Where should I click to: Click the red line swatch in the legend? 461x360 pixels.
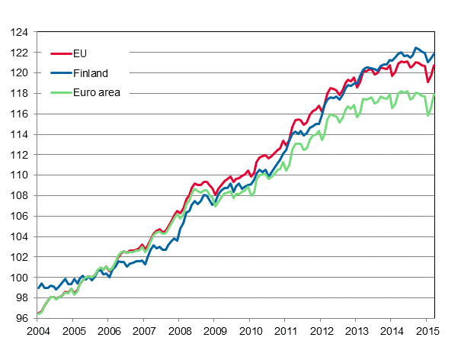tap(60, 54)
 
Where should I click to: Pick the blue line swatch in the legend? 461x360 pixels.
tap(60, 73)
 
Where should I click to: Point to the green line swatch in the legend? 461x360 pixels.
tap(60, 93)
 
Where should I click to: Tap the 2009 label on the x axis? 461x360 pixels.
tap(214, 332)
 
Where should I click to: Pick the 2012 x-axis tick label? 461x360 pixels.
tap(321, 332)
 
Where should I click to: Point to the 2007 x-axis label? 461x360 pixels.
tap(143, 332)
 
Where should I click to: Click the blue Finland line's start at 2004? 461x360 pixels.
tap(37, 288)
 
